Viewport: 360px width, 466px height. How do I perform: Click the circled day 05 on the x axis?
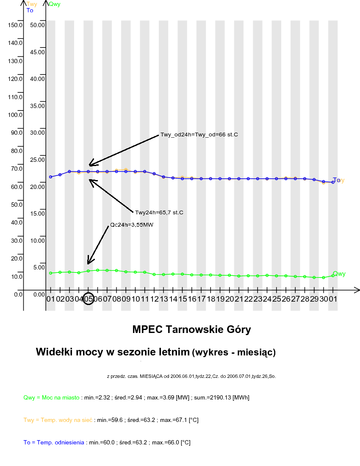coord(88,299)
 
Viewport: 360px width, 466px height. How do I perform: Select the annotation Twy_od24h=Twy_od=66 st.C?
coord(199,135)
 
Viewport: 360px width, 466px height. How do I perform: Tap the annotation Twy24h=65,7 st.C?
coord(159,212)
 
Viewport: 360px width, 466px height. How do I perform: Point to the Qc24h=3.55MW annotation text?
coord(131,225)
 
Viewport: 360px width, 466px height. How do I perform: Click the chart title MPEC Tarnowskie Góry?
coord(191,329)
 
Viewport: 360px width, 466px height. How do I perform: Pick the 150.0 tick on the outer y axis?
coord(15,25)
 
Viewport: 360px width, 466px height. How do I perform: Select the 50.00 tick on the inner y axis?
coord(38,25)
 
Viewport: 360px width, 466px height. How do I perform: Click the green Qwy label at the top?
coord(54,4)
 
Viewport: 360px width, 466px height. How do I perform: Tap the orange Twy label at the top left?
coord(32,4)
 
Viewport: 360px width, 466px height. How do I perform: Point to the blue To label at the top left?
coord(30,10)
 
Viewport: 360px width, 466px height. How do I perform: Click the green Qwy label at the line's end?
coord(339,274)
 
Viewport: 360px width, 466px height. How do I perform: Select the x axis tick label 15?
coord(183,299)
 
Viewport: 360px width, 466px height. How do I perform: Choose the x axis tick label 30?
coord(324,299)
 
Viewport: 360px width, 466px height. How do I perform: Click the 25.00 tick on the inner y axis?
coord(38,159)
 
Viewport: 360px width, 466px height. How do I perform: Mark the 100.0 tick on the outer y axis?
coord(15,114)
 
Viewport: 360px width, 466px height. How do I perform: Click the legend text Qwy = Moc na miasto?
coord(51,397)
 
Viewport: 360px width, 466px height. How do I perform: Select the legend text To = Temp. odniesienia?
coord(54,442)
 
